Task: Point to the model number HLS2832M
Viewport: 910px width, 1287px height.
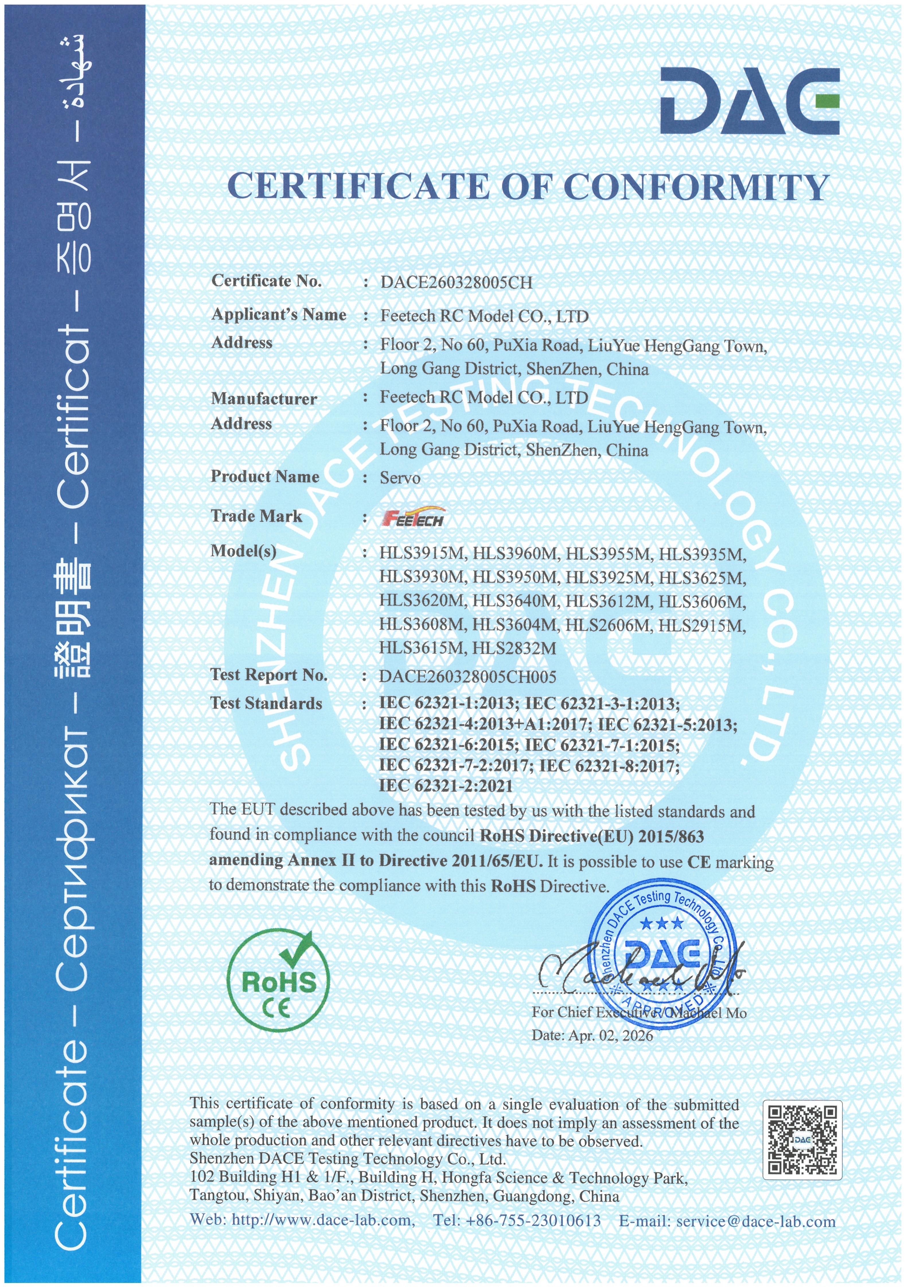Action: point(515,649)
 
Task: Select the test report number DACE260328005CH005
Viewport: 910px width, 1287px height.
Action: point(467,677)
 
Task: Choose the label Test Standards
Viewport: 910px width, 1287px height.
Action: point(266,704)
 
